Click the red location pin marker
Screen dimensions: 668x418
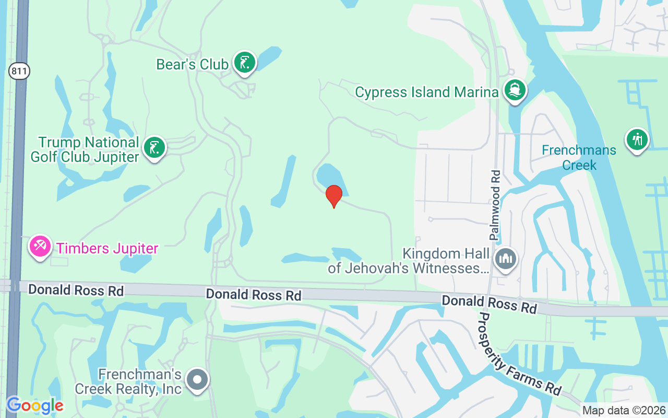coord(334,196)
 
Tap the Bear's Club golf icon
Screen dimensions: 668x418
coord(244,63)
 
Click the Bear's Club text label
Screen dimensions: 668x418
coord(192,64)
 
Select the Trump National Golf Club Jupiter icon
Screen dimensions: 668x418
coord(154,148)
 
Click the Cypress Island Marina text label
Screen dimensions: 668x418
coord(426,92)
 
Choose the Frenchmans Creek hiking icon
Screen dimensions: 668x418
coord(637,140)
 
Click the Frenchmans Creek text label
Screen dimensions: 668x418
coord(579,158)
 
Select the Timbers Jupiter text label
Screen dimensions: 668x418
coord(107,248)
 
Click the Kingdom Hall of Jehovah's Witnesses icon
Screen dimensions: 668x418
coord(505,259)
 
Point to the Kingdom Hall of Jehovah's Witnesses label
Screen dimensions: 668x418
coord(409,261)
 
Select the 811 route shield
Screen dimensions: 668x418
coord(19,72)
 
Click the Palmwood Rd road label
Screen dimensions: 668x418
coord(495,205)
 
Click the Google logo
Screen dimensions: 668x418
coord(34,405)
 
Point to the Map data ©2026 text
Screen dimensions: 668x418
coord(624,411)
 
